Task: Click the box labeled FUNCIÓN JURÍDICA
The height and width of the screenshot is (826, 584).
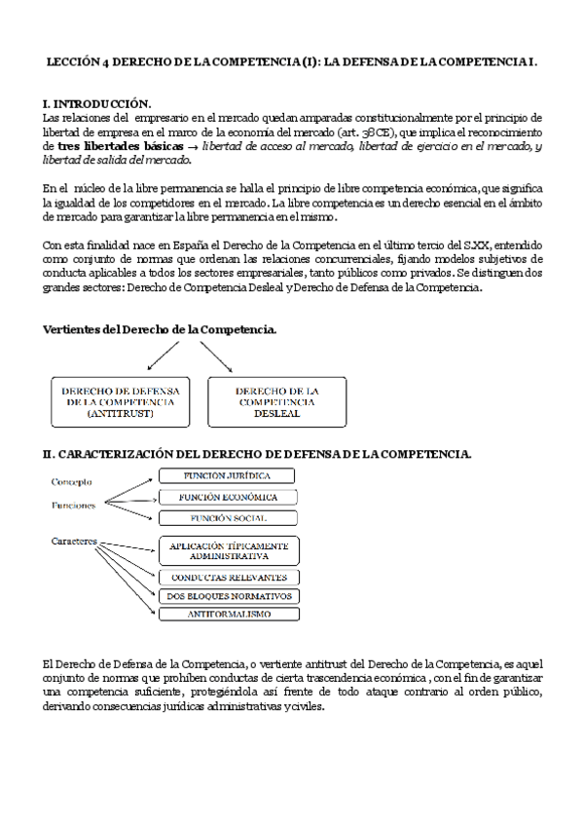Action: [x=228, y=476]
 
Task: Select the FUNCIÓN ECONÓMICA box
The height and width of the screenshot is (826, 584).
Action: [x=228, y=498]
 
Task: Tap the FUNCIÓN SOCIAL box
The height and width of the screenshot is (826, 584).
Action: [x=228, y=518]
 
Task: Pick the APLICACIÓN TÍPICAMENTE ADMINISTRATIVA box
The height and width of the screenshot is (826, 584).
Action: [x=228, y=551]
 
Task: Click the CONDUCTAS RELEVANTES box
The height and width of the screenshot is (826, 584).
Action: [x=228, y=578]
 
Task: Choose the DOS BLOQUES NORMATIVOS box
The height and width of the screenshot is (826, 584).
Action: [x=228, y=596]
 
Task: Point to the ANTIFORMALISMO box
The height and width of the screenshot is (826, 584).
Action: [x=228, y=615]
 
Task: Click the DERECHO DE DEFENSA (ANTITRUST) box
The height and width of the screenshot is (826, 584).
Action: [x=121, y=401]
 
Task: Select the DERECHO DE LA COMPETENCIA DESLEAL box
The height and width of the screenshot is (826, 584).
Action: [x=276, y=401]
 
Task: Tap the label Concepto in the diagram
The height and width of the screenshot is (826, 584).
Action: [x=72, y=481]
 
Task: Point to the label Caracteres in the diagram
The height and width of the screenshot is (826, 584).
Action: [x=77, y=540]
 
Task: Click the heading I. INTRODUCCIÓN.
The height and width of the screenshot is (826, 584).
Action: [x=96, y=102]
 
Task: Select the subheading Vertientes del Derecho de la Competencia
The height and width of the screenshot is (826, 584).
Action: [x=160, y=330]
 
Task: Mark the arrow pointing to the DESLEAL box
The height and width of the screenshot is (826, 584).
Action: [x=216, y=358]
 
